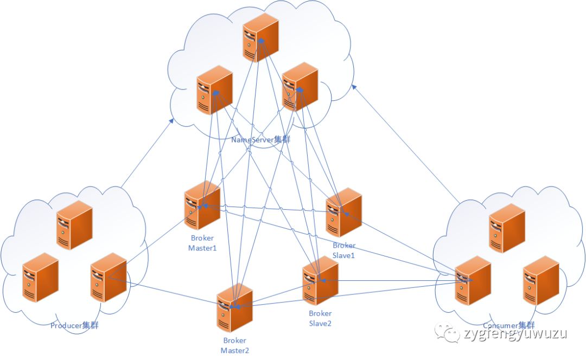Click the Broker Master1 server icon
click(202, 206)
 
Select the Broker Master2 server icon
click(234, 307)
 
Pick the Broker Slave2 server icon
click(321, 281)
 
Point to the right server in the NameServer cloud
click(300, 87)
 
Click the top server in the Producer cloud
click(74, 225)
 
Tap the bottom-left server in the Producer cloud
click(40, 277)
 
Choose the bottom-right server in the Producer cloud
click(109, 277)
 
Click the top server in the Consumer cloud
click(507, 228)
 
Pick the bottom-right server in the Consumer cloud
click(540, 280)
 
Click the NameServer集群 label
click(260, 140)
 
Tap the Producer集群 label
click(74, 326)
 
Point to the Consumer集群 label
click(508, 325)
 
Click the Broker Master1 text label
click(202, 243)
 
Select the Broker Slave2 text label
click(320, 318)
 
